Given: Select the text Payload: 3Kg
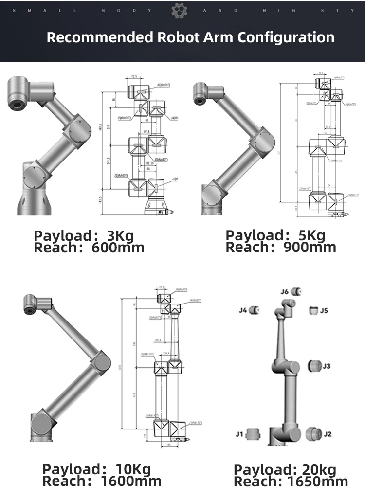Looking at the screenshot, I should click(83, 236).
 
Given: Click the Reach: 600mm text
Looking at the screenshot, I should click(89, 248).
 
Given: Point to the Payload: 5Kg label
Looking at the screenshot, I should click(275, 236).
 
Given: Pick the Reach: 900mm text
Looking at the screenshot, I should click(281, 247).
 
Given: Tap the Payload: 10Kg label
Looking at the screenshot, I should click(96, 470).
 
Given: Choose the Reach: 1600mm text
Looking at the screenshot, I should click(102, 482).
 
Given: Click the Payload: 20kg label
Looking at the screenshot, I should click(285, 470).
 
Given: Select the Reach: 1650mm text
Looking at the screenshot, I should click(291, 482).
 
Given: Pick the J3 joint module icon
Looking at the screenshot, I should click(314, 365).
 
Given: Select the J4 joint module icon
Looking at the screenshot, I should click(257, 310).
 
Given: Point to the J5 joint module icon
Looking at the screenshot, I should click(313, 310).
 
